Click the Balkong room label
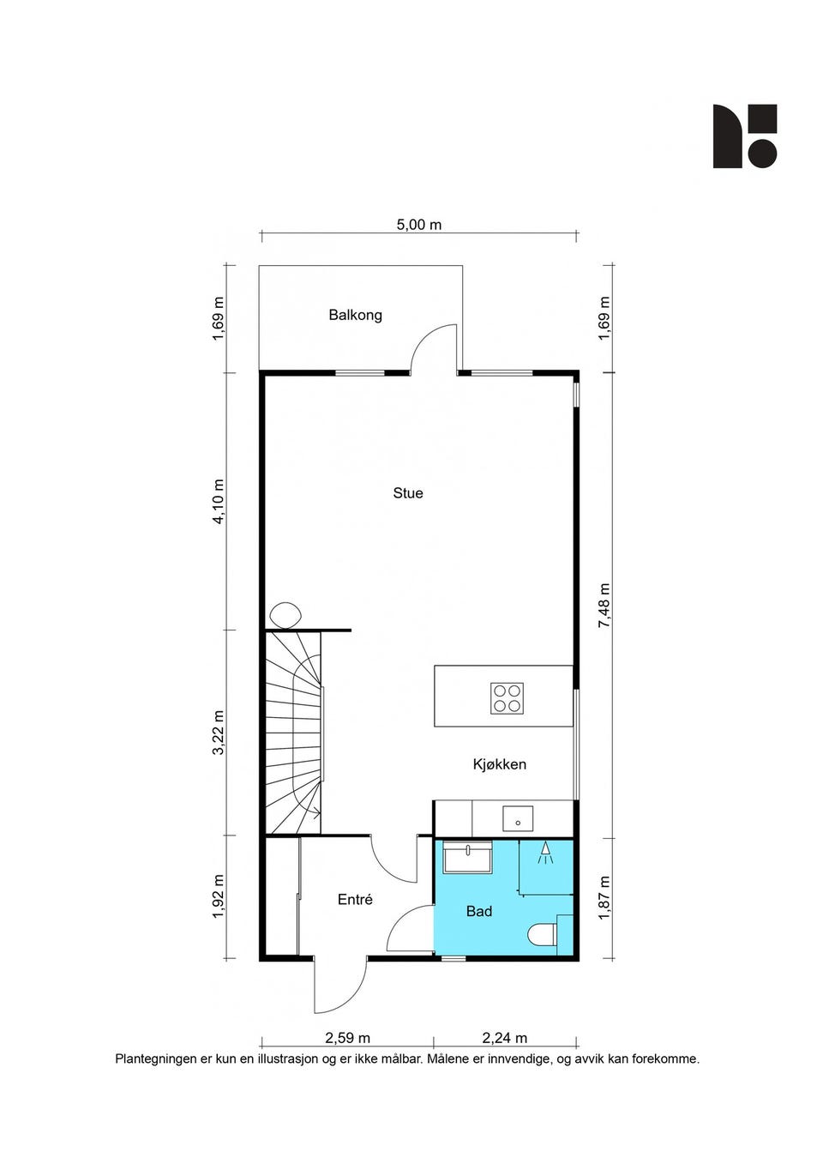tap(355, 315)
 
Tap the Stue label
tap(407, 492)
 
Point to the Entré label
tap(355, 900)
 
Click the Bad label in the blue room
tap(478, 911)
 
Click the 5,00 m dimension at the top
tap(418, 225)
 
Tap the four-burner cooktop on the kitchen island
tap(507, 698)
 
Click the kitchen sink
tap(517, 818)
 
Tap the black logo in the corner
tap(745, 136)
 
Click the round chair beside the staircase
tap(285, 616)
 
